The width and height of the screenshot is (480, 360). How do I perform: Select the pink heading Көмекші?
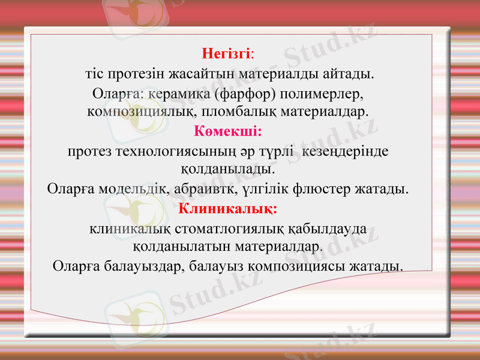(x=226, y=131)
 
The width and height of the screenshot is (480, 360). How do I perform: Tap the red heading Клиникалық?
(x=227, y=209)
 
